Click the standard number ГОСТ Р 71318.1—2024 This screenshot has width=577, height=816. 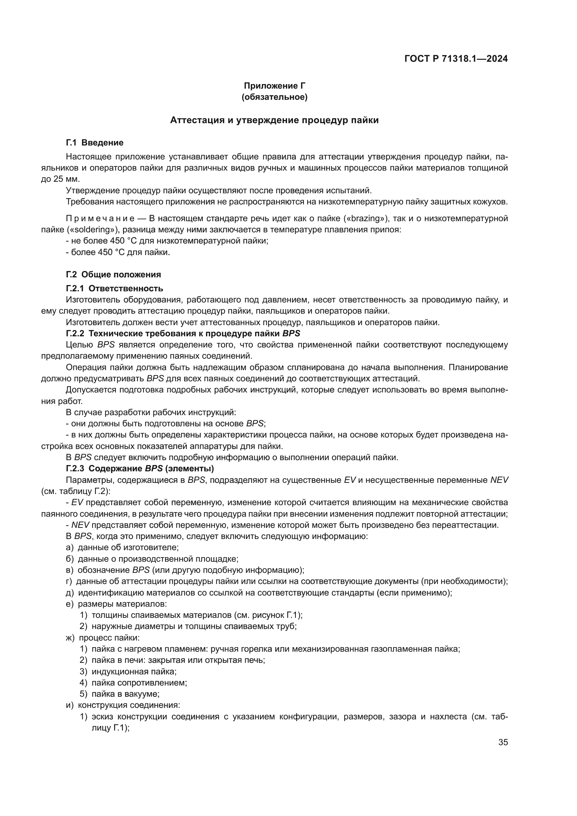[x=456, y=59]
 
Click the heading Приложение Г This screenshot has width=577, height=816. [x=274, y=86]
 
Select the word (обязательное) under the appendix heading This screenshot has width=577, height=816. [x=274, y=97]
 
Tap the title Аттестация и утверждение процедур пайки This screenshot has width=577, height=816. [x=274, y=120]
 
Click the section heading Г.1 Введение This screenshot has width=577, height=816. [x=95, y=143]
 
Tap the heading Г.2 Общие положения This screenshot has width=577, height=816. [x=113, y=274]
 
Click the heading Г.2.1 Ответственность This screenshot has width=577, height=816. [x=114, y=288]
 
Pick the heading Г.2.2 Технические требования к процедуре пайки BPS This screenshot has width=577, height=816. [x=183, y=334]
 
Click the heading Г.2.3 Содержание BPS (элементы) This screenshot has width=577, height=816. [x=140, y=469]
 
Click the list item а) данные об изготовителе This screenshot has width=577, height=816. [x=122, y=547]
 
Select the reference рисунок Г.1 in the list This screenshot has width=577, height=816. [x=276, y=615]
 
